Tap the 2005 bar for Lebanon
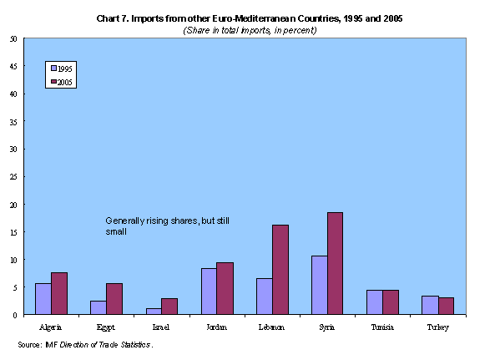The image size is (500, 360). pyautogui.click(x=280, y=269)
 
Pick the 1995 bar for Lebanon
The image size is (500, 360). pyautogui.click(x=265, y=297)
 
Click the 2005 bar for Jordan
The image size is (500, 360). pyautogui.click(x=225, y=288)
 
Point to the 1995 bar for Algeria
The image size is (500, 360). pyautogui.click(x=43, y=299)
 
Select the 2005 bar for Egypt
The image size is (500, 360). pyautogui.click(x=114, y=299)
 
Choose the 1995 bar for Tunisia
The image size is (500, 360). pyautogui.click(x=374, y=302)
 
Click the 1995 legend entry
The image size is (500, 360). pyautogui.click(x=62, y=68)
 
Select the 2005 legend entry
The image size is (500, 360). pyautogui.click(x=62, y=81)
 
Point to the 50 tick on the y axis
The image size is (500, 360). pyautogui.click(x=12, y=38)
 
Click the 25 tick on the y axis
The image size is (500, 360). pyautogui.click(x=12, y=176)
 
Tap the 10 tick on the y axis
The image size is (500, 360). pyautogui.click(x=12, y=260)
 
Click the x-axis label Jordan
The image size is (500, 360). pyautogui.click(x=217, y=327)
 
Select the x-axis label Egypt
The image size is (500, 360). pyautogui.click(x=107, y=327)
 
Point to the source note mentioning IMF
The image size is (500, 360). pyautogui.click(x=85, y=343)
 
